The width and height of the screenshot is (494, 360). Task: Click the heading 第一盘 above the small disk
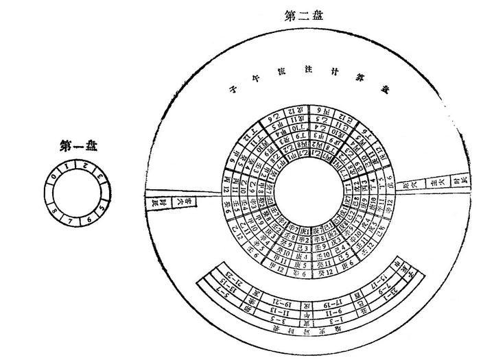78,146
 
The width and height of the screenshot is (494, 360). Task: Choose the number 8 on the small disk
54,210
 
